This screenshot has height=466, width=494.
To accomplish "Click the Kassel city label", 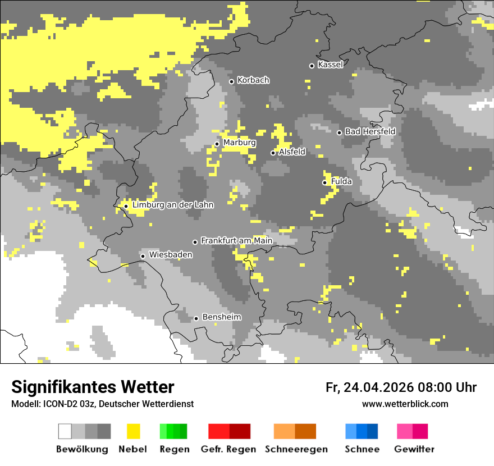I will [x=330, y=65].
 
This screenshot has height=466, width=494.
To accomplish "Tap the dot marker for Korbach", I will [x=231, y=81].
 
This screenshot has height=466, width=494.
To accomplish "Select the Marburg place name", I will [x=239, y=143].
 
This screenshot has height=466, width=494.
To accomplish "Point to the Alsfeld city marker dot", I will [x=273, y=153].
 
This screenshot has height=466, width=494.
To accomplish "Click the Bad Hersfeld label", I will [x=370, y=131].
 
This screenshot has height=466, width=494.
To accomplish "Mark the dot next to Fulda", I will [x=324, y=182].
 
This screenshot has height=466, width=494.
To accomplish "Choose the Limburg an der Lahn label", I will [x=173, y=205].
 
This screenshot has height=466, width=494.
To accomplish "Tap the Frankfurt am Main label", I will [x=236, y=241].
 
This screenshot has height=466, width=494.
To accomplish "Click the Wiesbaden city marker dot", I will [x=143, y=256].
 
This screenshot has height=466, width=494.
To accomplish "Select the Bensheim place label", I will [x=221, y=317].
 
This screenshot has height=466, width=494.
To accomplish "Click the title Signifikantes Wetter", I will [x=93, y=387].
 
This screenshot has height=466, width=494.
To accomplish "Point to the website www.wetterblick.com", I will [x=405, y=404].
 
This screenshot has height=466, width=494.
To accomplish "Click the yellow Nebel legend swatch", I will [x=133, y=431].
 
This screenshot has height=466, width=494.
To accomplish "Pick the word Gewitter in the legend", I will [x=414, y=449].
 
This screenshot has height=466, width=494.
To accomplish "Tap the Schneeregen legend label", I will [x=296, y=449].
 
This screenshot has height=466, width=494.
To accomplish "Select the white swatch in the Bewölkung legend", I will [x=65, y=431].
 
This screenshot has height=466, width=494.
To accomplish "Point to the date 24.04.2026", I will [x=378, y=387].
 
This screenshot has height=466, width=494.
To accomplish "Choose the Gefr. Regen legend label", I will [x=228, y=449].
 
